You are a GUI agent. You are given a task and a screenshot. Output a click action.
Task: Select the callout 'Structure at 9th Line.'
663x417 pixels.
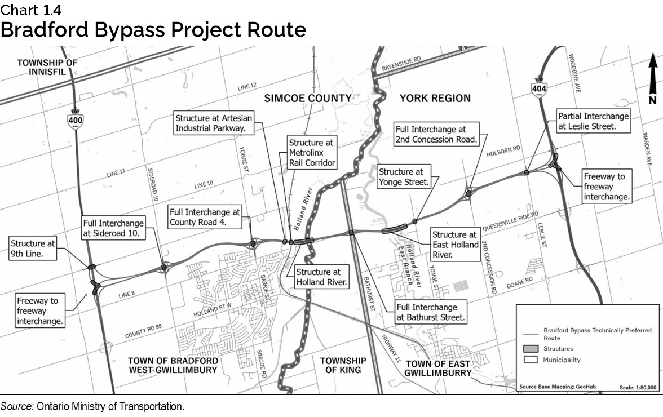point(33,249)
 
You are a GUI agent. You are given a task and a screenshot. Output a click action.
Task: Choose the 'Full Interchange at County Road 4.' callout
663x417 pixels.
point(205,217)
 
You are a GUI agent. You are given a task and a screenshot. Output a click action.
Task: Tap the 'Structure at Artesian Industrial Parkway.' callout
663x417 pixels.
point(213,123)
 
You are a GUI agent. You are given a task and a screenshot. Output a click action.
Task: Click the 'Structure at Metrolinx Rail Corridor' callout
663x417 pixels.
point(312,153)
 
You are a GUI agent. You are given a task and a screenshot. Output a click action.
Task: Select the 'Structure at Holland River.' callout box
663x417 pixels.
point(322,277)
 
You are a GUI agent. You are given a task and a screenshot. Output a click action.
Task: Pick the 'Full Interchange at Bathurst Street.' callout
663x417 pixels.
point(431,312)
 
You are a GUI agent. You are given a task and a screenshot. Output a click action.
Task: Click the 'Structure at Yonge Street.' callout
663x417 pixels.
point(403,177)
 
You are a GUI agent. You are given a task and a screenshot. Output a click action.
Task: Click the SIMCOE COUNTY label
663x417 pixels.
point(308,99)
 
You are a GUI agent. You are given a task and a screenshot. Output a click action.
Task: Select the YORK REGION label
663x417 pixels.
point(435,99)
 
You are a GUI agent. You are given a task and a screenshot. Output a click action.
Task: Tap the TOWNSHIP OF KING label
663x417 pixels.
point(343,365)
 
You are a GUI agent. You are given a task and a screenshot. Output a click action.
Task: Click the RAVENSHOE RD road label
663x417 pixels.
point(401,63)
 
